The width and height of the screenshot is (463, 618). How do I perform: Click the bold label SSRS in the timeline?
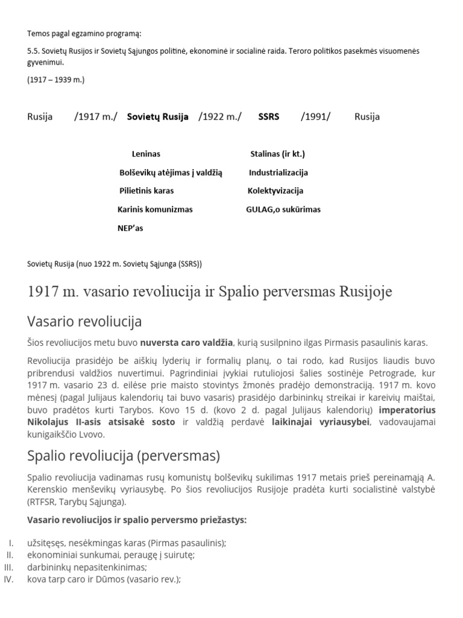268,117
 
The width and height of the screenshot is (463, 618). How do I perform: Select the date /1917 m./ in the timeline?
96,117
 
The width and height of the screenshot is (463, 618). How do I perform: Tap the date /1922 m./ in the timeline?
220,117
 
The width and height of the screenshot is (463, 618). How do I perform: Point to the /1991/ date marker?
316,117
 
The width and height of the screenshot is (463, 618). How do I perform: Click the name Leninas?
146,154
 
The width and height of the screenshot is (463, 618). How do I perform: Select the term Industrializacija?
278,173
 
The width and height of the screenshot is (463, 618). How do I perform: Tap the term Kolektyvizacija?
275,191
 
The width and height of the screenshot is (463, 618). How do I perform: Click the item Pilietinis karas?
146,191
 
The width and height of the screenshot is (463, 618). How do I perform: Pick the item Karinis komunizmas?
155,210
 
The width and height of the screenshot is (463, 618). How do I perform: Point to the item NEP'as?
130,229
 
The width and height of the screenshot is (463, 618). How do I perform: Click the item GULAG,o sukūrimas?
283,210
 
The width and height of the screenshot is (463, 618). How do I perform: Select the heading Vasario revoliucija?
84,320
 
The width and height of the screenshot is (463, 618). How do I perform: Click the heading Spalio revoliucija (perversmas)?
124,455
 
